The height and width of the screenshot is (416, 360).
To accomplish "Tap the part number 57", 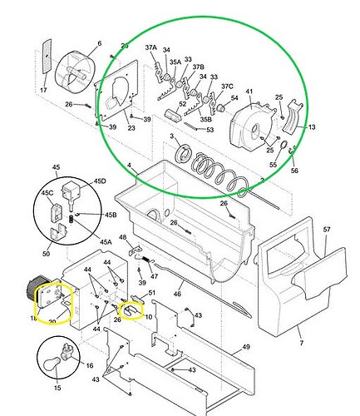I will click(327, 228).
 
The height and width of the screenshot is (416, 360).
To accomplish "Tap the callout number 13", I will click(312, 127).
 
